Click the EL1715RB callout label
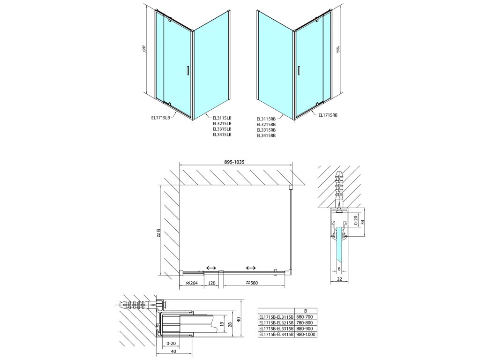coord(328,115)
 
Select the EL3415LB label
coord(222,135)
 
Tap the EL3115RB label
coord(266,119)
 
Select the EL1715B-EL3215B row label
coord(276,322)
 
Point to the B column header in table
coord(305,310)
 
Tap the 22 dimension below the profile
coord(339,279)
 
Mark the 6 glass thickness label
coord(339,269)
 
